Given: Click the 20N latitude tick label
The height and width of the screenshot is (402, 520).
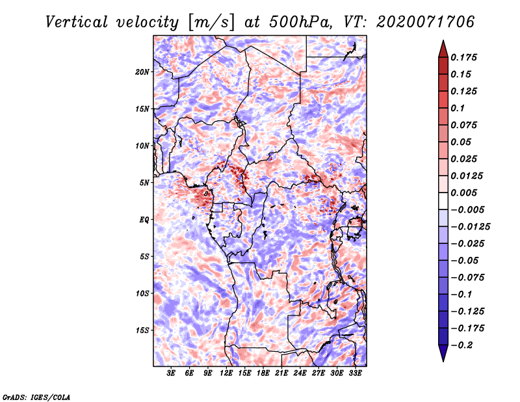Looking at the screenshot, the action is click(142, 72).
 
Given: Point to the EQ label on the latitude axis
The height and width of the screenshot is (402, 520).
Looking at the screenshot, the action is click(144, 220).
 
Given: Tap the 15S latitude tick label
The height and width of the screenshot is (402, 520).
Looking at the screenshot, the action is click(142, 330).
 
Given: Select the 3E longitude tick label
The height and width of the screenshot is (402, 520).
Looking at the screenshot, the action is click(171, 373).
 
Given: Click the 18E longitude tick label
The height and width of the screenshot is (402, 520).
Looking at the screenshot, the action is click(263, 373).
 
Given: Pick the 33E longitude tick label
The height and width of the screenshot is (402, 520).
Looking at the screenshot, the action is click(355, 373).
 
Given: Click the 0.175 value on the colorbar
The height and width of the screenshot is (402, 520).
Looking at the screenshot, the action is click(463, 57).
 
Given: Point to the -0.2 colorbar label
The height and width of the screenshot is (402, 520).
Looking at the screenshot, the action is click(461, 345).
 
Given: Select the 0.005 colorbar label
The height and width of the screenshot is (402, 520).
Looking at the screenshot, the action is click(463, 193).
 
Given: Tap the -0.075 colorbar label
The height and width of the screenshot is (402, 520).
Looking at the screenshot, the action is click(467, 278).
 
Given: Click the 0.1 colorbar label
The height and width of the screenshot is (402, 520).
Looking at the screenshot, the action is click(458, 108).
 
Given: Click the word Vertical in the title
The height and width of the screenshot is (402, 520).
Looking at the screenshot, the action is click(77, 22).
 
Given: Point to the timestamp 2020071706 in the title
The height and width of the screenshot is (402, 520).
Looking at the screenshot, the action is click(425, 22).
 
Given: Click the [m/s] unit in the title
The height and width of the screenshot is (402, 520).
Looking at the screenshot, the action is click(211, 22).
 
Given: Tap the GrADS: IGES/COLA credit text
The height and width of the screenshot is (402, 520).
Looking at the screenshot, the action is click(36, 397).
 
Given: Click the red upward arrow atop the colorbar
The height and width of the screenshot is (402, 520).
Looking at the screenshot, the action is click(443, 49).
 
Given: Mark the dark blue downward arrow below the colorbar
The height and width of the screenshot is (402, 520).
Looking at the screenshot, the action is click(443, 353).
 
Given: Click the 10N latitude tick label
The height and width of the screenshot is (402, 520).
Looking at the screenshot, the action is click(142, 146).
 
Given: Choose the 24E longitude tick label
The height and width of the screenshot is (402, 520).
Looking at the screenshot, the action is click(300, 373).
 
